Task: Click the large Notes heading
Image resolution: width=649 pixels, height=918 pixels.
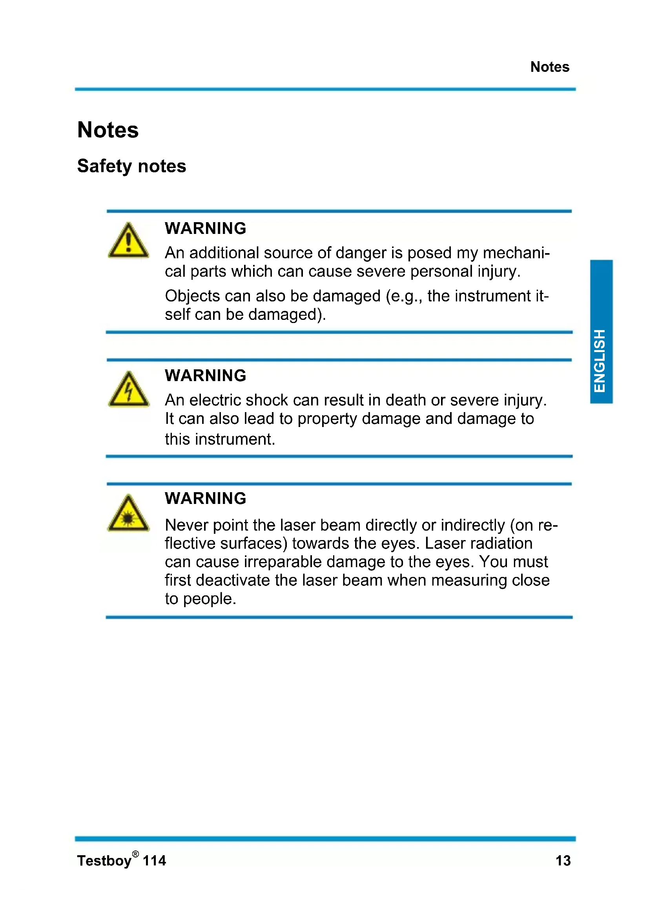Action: [108, 130]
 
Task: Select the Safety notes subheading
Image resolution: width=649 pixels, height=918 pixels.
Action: [131, 166]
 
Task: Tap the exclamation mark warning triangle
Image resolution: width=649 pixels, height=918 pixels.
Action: [128, 241]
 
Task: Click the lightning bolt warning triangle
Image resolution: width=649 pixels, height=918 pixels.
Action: [129, 390]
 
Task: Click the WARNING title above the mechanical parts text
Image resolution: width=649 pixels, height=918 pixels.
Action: [205, 228]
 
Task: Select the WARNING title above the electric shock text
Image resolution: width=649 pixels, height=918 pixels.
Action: [205, 376]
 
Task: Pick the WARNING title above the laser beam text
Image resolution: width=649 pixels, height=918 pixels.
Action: [205, 498]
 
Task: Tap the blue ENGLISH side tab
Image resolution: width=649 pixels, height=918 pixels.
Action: [601, 332]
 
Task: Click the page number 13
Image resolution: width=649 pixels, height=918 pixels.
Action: [563, 860]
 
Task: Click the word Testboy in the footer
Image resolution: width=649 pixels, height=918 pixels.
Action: [104, 861]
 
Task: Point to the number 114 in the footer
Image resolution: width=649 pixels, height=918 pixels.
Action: [154, 860]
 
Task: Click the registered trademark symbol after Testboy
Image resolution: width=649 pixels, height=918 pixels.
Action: [135, 854]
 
